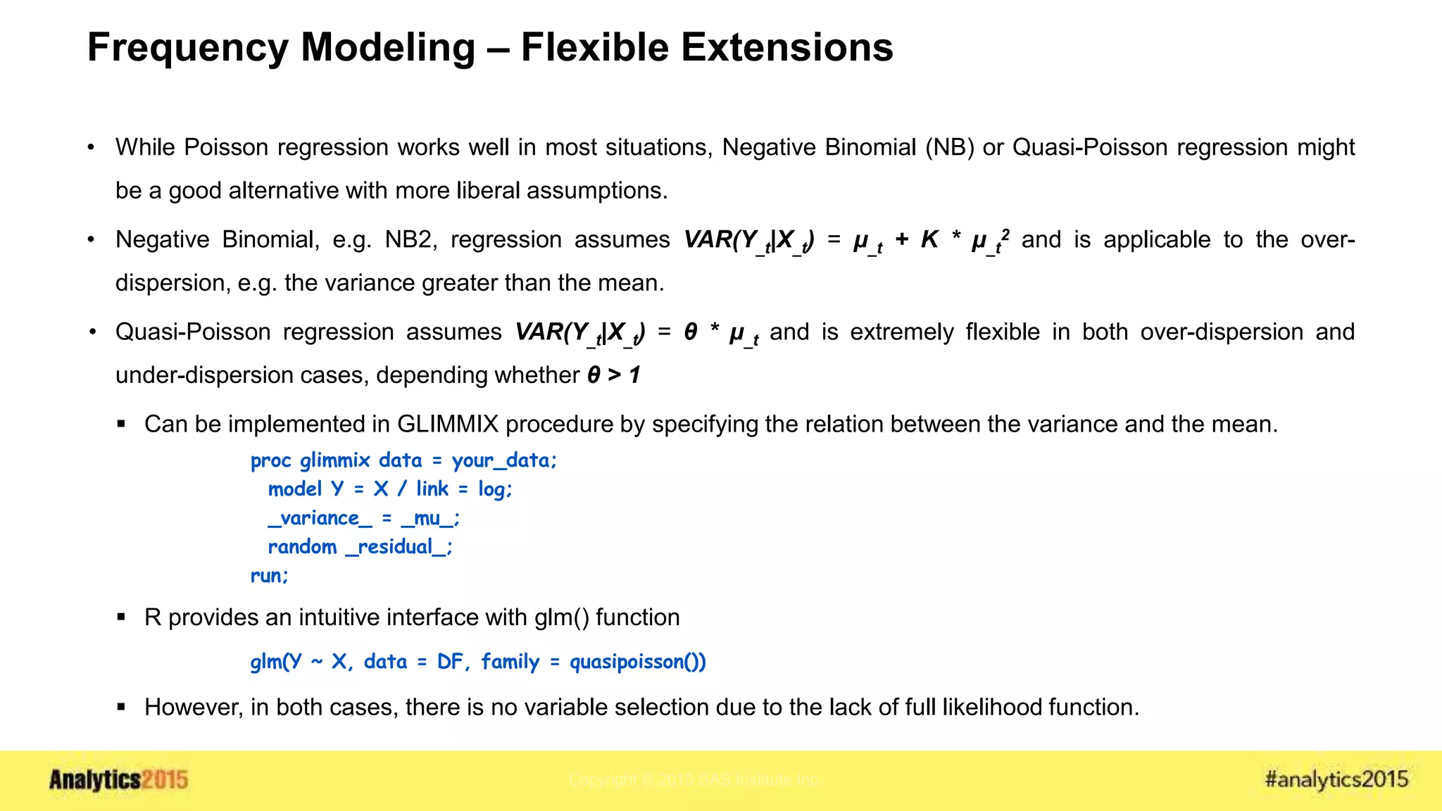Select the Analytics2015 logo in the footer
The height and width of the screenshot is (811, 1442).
pos(118,780)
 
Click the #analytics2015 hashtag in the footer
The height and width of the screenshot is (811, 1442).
pos(1336,779)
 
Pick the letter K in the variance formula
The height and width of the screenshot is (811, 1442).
pos(929,240)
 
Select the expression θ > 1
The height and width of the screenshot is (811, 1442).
pos(613,375)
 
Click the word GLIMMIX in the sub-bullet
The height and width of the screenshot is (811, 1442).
pos(448,425)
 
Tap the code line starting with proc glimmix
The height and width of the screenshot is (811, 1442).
pos(403,460)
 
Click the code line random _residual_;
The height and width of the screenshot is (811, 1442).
pos(360,547)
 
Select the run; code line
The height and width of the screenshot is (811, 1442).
pos(270,576)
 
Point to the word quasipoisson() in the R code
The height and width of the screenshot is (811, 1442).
pos(637,662)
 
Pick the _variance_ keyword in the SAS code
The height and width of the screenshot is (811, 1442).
pos(320,518)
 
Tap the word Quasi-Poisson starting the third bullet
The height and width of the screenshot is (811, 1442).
pos(193,332)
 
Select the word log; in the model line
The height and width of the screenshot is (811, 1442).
pos(495,489)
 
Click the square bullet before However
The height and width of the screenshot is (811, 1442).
pos(121,707)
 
